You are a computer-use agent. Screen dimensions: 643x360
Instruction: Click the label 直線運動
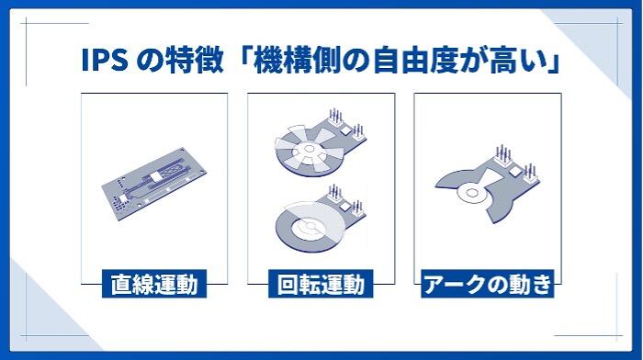click(154, 284)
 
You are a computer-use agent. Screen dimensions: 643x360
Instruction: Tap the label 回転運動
click(321, 284)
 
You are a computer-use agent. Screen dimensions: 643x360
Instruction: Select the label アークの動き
click(487, 284)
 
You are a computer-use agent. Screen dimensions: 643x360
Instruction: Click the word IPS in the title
click(105, 61)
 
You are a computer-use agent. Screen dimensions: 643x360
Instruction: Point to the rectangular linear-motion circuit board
click(153, 184)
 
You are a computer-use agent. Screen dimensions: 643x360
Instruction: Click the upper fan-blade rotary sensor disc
click(310, 151)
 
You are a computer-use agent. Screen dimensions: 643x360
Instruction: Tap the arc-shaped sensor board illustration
click(487, 185)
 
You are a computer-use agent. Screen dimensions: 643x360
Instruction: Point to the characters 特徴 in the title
click(195, 61)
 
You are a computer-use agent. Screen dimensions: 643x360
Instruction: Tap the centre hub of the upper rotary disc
click(310, 149)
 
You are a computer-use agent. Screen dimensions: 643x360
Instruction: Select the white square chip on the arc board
click(515, 170)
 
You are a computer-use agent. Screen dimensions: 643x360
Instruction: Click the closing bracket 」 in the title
click(554, 61)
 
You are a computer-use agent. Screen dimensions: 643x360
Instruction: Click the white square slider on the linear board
click(156, 176)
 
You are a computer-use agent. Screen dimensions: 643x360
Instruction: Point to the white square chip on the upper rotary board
click(345, 130)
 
